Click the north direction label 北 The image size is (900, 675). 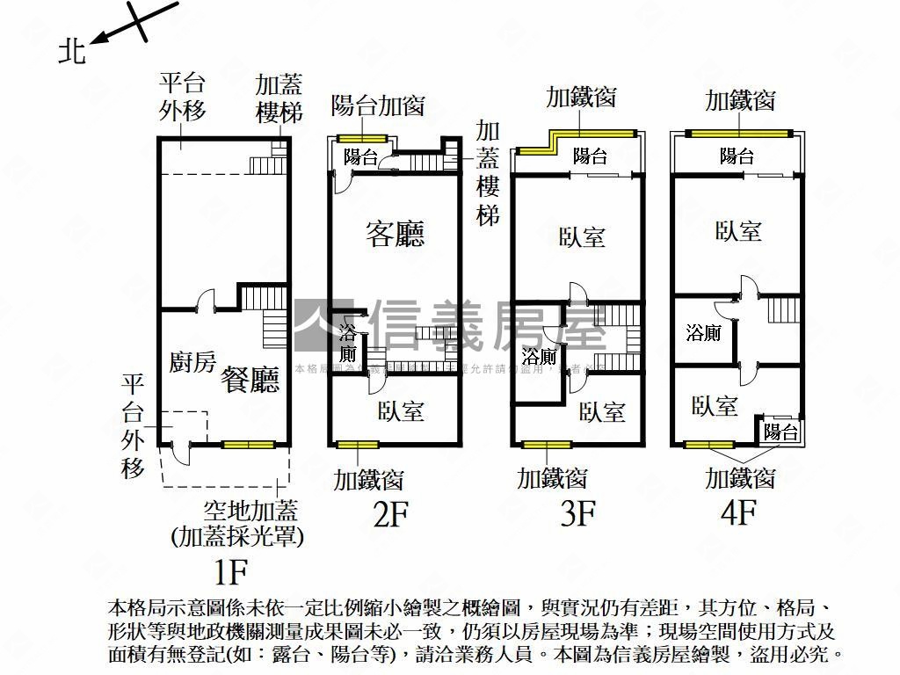(72, 52)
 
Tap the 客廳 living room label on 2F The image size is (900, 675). (395, 234)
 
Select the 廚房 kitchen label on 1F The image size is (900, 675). (192, 361)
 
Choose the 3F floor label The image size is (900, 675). (578, 512)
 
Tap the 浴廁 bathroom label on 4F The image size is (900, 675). (703, 333)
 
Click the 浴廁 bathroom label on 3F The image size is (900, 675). (539, 357)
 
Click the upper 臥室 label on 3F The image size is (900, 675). (582, 237)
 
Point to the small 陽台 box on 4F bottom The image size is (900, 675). (780, 432)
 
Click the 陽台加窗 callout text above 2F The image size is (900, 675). (378, 105)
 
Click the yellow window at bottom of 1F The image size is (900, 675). (248, 445)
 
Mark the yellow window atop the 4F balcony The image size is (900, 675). (738, 133)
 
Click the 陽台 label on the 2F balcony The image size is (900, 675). (360, 157)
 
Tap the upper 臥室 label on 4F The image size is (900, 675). (738, 231)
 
